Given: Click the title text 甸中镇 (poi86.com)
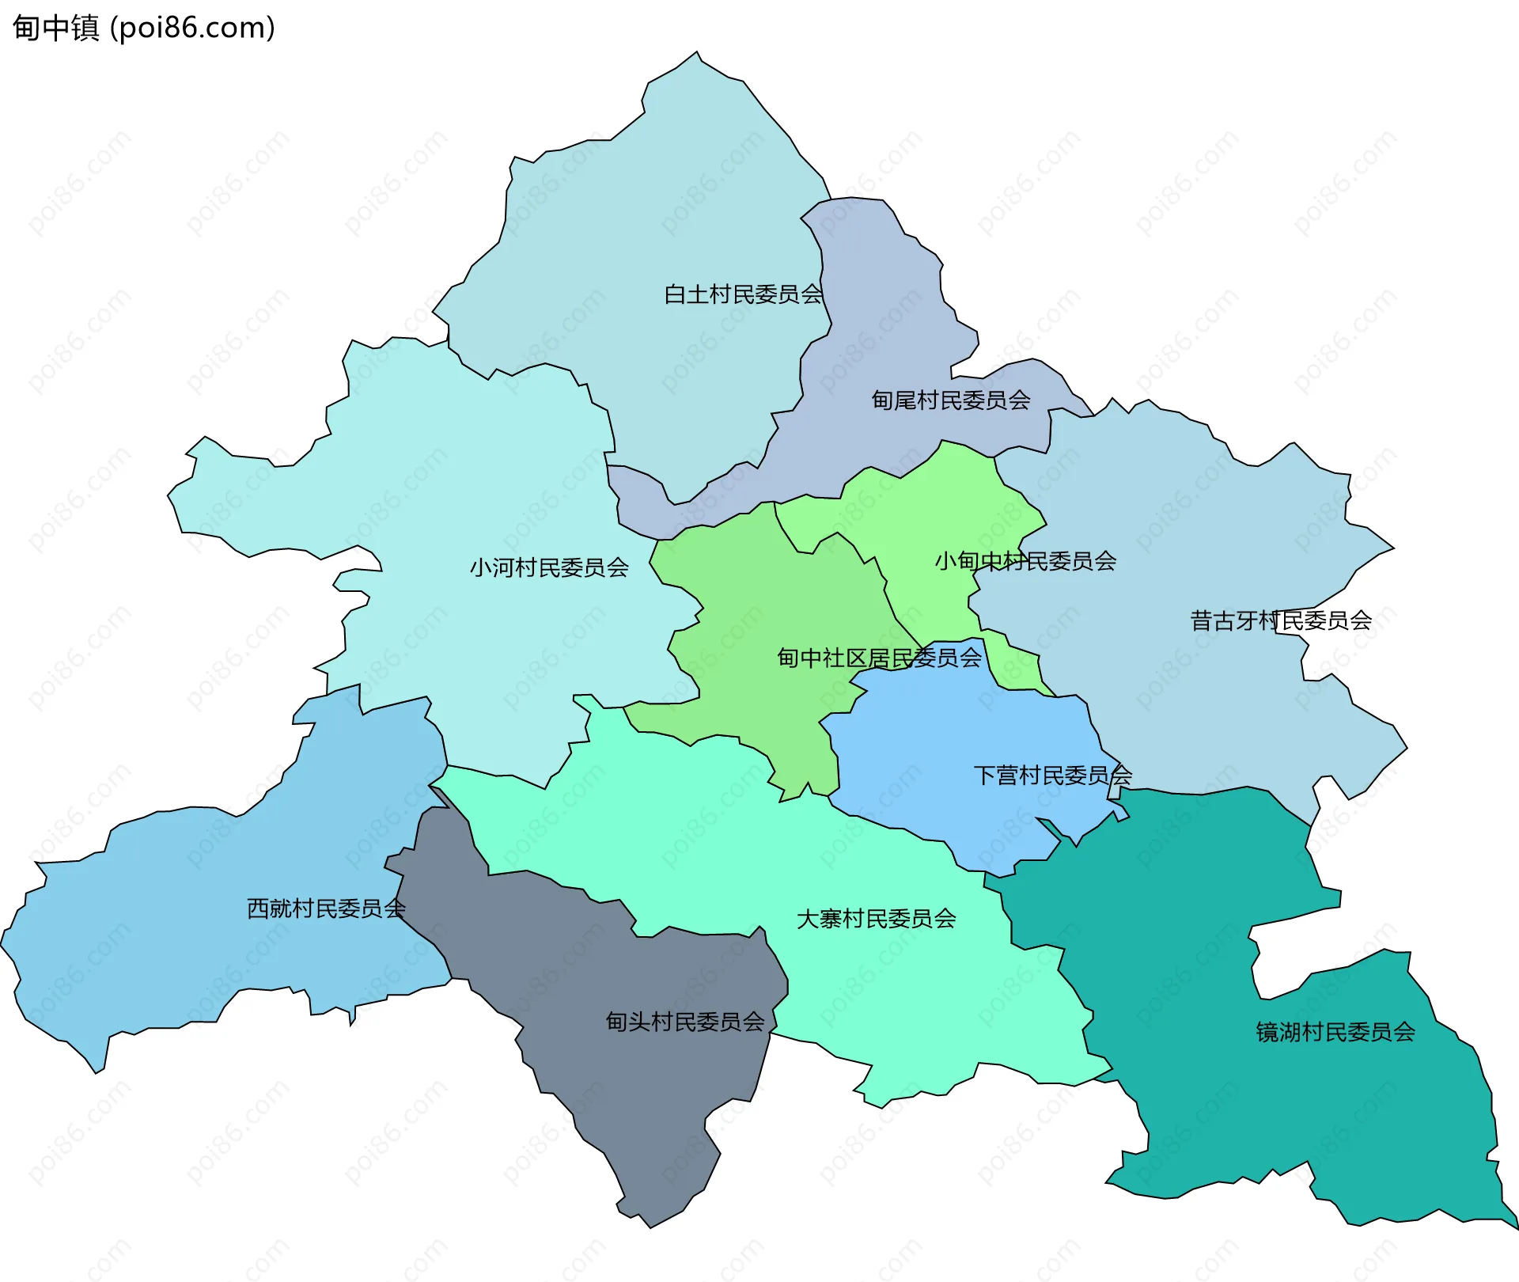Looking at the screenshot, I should [x=144, y=28].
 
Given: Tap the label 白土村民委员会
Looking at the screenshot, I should [x=743, y=294].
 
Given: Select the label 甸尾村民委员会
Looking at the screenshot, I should [x=951, y=400].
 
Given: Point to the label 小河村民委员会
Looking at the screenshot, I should [x=549, y=567].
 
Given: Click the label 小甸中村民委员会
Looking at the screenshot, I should [x=1025, y=561].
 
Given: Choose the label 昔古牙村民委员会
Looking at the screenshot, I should [x=1281, y=620].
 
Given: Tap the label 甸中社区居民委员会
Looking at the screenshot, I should [x=879, y=658].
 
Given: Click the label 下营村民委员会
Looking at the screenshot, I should [x=1052, y=776].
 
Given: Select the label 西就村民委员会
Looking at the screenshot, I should [x=326, y=908].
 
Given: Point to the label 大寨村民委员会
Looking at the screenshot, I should [x=876, y=919].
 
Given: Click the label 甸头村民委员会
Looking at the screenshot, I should [x=685, y=1022].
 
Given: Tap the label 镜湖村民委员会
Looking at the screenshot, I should [x=1335, y=1032].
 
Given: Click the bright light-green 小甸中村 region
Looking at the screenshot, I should [x=934, y=506].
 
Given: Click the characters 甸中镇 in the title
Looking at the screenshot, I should [x=55, y=28].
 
